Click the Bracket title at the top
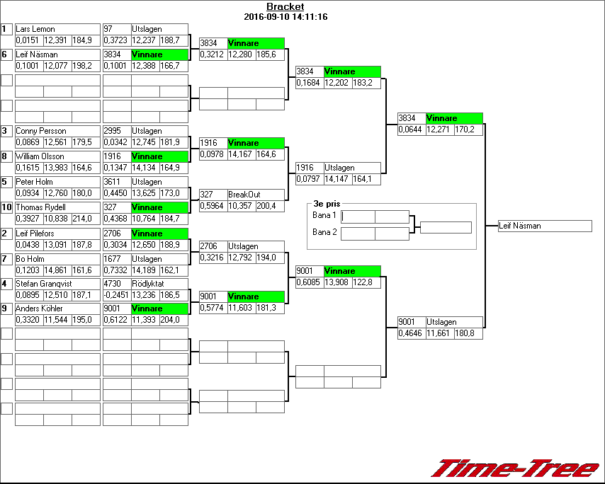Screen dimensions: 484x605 click(x=285, y=7)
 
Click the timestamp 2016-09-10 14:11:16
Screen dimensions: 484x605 click(x=285, y=16)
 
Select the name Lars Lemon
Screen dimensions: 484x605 click(x=35, y=29)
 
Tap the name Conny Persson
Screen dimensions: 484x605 click(x=39, y=131)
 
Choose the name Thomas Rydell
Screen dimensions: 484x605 click(x=40, y=207)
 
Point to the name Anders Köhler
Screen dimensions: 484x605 click(x=39, y=309)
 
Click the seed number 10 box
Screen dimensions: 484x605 click(x=6, y=207)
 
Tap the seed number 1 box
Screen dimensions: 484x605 click(x=6, y=29)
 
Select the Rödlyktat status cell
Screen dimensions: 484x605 click(x=148, y=284)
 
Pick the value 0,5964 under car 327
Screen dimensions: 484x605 click(x=213, y=206)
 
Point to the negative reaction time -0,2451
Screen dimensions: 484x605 click(x=116, y=295)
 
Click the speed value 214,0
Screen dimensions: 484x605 click(x=85, y=219)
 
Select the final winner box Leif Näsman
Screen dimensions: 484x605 click(x=544, y=226)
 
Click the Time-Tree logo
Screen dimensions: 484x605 click(x=516, y=468)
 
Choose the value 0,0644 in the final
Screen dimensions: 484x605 click(x=411, y=129)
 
